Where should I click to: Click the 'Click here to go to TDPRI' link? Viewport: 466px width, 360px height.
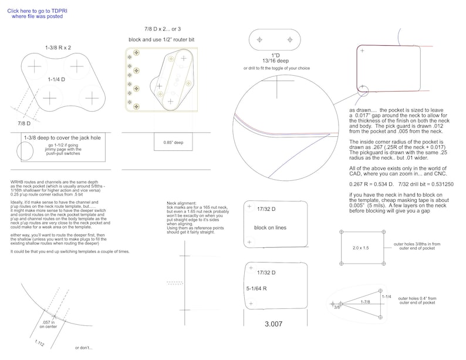point(37,10)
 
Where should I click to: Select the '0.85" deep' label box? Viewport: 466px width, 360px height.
point(170,142)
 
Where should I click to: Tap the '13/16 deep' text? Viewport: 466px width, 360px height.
point(274,60)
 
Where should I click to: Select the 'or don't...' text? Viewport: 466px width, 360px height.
point(85,348)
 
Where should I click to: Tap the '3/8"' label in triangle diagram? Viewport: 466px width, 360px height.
point(337,307)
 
